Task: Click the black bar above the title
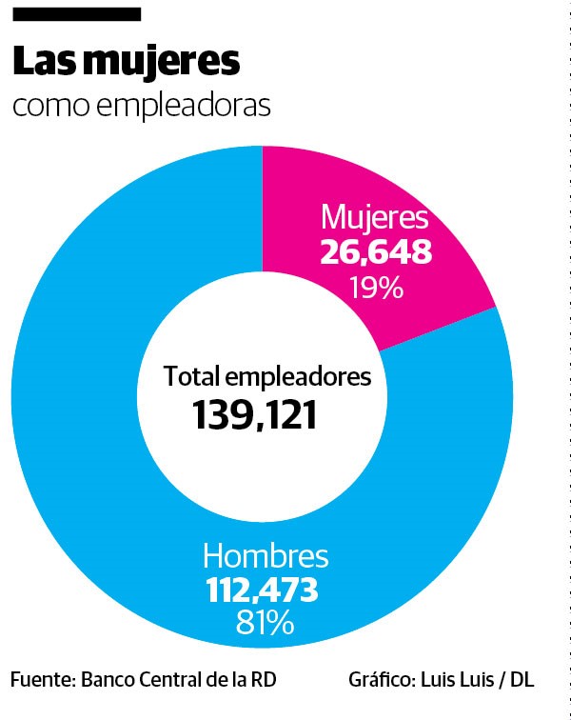(75, 14)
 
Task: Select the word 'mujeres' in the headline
(161, 62)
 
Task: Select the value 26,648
(376, 252)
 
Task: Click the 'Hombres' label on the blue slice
(266, 556)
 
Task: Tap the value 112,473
(263, 590)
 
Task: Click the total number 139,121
(254, 414)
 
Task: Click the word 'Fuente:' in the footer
(42, 680)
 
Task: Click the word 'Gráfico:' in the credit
(381, 680)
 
